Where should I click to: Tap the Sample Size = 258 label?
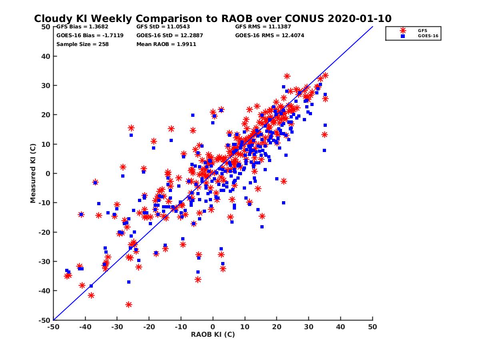click(82, 44)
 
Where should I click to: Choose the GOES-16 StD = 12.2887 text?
click(170, 35)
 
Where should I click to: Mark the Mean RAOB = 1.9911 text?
click(166, 44)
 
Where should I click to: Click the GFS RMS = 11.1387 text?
click(263, 27)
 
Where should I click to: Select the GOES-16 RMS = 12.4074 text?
click(270, 35)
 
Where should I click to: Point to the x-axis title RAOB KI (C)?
click(213, 334)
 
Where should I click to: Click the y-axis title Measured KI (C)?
click(33, 173)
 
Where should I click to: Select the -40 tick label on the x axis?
click(85, 327)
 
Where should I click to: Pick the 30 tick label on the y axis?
click(46, 86)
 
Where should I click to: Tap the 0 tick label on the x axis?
click(213, 327)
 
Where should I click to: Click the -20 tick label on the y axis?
click(45, 232)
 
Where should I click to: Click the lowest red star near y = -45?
click(129, 304)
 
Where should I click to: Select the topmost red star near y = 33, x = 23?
click(287, 76)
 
